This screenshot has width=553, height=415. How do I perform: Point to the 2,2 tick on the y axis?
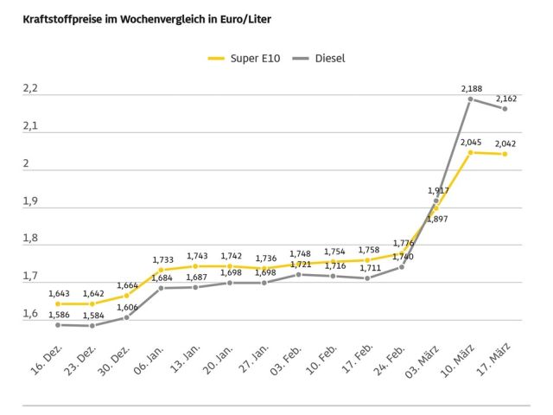coord(30,89)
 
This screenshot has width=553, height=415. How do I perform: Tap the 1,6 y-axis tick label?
coord(30,314)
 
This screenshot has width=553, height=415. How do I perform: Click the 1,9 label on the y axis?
coord(30,201)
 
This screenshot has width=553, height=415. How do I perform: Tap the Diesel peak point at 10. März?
coord(471,99)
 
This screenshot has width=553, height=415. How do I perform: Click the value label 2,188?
coord(472,88)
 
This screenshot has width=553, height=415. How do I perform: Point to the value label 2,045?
coord(472,142)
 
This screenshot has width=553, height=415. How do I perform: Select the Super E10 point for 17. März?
coord(505,154)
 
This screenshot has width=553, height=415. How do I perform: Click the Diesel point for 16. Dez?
coord(58,324)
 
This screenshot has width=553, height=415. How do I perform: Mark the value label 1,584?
coord(93,316)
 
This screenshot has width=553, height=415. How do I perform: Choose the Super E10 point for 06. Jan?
coord(161,270)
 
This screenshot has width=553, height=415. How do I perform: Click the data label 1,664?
coord(127,285)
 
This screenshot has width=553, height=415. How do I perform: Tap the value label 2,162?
coord(506,98)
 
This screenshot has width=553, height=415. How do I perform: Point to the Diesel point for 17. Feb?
coord(367,278)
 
